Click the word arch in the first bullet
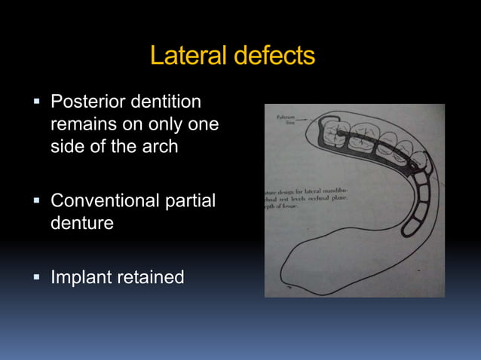pyautogui.click(x=160, y=146)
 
